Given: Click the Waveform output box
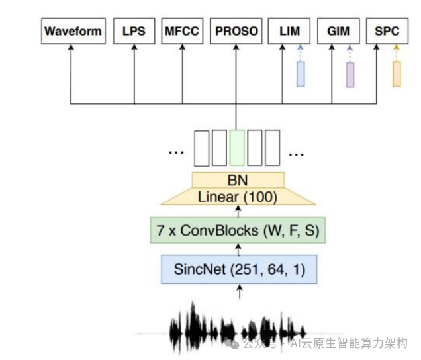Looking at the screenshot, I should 73,32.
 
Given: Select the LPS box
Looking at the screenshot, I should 134,32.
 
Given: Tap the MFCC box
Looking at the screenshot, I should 182,32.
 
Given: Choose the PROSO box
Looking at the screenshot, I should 236,32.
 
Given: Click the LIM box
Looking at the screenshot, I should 289,32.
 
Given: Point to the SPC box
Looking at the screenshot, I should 387,32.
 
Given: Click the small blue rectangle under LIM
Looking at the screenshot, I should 301,73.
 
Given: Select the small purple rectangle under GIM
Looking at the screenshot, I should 350,75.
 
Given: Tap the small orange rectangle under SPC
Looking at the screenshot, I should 397,73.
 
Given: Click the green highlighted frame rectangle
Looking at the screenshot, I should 236,148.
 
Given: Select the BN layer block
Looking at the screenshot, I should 238,179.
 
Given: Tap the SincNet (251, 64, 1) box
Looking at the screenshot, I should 238,269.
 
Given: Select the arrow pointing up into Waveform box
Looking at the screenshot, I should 71,73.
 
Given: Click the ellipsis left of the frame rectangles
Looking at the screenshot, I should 175,152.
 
